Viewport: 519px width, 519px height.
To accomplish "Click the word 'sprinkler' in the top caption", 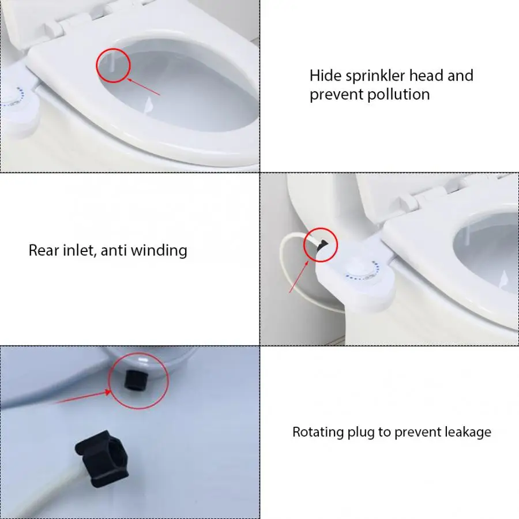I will [x=378, y=76].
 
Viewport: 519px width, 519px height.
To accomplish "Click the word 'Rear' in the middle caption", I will [x=44, y=250].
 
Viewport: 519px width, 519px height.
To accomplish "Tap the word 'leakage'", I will [x=468, y=432].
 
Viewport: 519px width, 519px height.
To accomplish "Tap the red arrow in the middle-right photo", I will [x=299, y=275].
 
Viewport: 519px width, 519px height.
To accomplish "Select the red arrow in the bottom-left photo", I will [x=81, y=398].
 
